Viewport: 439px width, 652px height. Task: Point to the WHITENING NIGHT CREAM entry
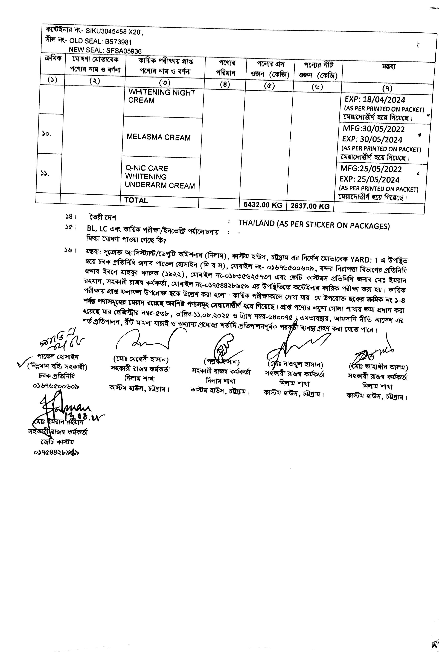click(162, 96)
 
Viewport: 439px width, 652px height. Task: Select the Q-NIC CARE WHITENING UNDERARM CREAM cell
click(160, 177)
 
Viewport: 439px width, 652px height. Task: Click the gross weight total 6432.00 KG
click(263, 205)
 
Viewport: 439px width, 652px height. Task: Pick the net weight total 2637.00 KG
click(310, 206)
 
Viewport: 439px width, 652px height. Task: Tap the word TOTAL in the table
click(136, 200)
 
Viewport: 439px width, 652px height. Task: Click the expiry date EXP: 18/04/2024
click(375, 100)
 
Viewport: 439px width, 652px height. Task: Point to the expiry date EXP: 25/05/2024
click(370, 179)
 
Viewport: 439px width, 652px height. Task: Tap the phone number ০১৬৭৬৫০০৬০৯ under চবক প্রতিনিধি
click(56, 386)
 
